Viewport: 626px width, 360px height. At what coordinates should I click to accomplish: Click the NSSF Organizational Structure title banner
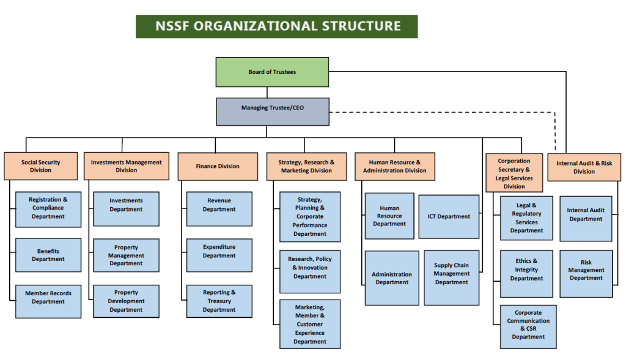pos(276,26)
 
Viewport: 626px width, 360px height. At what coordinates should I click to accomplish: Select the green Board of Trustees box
pos(272,72)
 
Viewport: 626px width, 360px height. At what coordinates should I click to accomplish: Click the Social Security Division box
pos(40,166)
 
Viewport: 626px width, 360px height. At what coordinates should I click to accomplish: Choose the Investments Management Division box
pos(126,166)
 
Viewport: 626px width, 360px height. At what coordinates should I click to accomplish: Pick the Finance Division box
pos(218,166)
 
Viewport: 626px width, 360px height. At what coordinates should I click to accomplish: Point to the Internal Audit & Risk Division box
pos(584,167)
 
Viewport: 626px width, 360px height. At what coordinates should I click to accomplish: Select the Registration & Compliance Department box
pos(48,208)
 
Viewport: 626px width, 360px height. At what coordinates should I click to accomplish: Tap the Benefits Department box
pos(48,255)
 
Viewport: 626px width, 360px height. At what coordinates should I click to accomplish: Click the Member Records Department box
pos(48,301)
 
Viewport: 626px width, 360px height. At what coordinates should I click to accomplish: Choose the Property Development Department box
pos(126,301)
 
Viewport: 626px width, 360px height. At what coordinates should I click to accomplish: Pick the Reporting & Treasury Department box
pos(219,301)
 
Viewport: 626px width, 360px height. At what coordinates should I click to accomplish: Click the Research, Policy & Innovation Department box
pos(310,268)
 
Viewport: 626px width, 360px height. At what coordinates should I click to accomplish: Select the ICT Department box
pos(449,216)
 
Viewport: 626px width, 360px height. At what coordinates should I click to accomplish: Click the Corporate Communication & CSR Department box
pos(528,326)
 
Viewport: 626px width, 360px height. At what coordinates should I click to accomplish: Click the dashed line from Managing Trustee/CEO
pos(440,112)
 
